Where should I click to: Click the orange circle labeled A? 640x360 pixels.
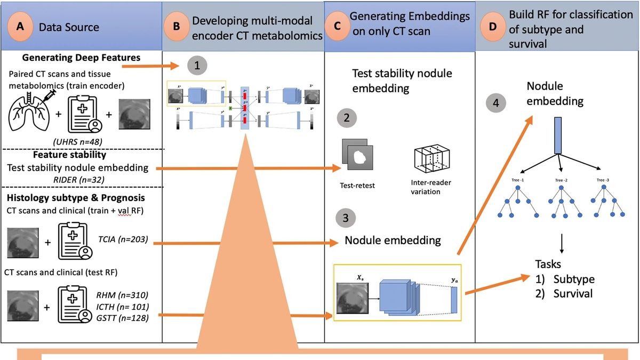pyautogui.click(x=22, y=27)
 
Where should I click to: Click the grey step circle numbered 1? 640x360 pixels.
pyautogui.click(x=197, y=66)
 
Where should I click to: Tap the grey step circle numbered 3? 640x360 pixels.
pyautogui.click(x=347, y=219)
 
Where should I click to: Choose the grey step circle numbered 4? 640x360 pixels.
pyautogui.click(x=496, y=103)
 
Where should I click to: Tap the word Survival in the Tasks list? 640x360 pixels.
pyautogui.click(x=573, y=294)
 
